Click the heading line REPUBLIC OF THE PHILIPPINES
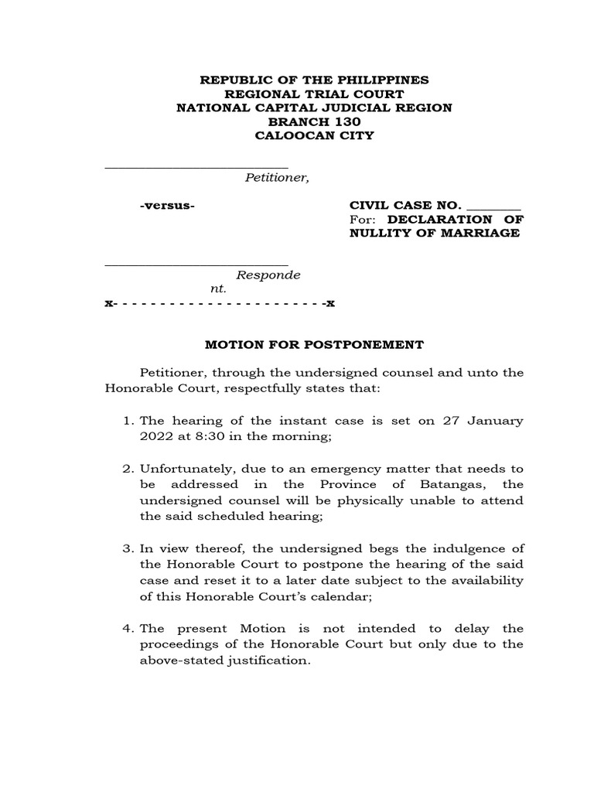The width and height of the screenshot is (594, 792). click(x=314, y=80)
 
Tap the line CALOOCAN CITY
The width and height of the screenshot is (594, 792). click(x=314, y=135)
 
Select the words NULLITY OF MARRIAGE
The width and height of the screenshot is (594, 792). click(x=434, y=233)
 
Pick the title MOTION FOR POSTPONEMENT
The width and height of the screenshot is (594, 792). click(x=314, y=344)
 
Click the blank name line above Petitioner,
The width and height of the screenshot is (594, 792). click(x=196, y=165)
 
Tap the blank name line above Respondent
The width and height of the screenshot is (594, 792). click(x=196, y=262)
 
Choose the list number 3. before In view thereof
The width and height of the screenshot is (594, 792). click(x=129, y=548)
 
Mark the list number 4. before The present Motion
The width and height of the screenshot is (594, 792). click(x=129, y=629)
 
